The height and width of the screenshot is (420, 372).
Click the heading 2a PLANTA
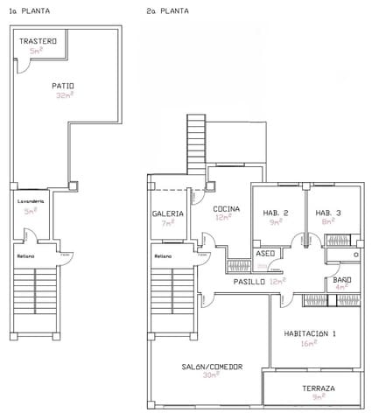point(168,11)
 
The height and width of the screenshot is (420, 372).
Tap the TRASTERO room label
point(38,41)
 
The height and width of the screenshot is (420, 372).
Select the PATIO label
point(62,86)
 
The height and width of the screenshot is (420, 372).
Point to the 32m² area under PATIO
point(62,96)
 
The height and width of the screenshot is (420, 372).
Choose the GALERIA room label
point(167,213)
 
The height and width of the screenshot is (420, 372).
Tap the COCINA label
point(227,208)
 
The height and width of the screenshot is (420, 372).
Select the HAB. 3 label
point(328,213)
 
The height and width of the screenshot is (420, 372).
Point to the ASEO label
point(265,253)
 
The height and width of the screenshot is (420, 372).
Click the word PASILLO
point(249,282)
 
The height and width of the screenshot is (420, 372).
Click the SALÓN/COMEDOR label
point(212,367)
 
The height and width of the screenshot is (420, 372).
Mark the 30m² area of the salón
point(212,376)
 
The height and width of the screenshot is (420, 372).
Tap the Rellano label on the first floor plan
point(25,255)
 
